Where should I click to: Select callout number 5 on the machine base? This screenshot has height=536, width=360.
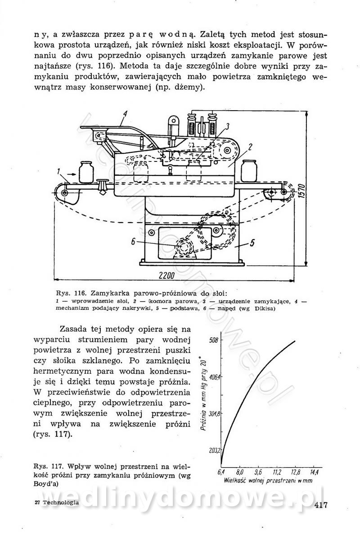[252, 243]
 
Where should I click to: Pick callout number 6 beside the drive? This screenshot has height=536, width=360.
[134, 241]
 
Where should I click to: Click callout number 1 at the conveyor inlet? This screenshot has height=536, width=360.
[59, 171]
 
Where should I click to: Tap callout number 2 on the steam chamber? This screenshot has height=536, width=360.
[249, 147]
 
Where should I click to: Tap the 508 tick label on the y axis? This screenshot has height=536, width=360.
[213, 340]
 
